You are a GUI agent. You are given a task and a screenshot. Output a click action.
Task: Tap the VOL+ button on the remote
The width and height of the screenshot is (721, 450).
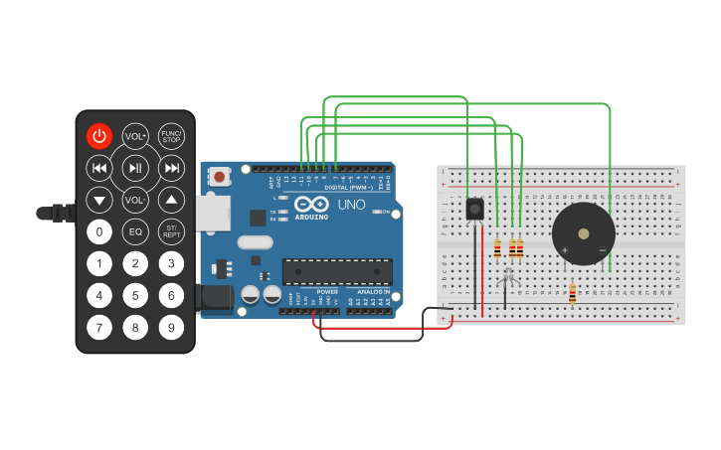click(135, 136)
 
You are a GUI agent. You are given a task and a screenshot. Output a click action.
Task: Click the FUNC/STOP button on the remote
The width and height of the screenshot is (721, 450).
click(172, 136)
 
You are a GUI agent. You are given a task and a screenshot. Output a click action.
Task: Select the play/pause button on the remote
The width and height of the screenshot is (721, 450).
click(135, 168)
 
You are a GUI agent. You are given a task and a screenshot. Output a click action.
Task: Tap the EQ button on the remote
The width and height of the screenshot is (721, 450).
click(135, 231)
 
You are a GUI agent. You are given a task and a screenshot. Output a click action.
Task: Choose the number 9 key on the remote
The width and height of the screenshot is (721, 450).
click(172, 327)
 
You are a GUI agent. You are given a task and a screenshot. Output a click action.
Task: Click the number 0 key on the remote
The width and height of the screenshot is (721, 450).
click(98, 231)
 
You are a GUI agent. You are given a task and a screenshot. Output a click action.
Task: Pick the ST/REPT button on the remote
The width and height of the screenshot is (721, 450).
click(172, 231)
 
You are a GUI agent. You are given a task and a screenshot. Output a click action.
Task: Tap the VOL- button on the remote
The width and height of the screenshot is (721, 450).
click(135, 200)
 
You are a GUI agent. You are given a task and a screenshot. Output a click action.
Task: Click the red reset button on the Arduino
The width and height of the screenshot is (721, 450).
click(219, 177)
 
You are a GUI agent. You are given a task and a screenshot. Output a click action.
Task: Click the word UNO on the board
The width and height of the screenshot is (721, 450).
click(350, 206)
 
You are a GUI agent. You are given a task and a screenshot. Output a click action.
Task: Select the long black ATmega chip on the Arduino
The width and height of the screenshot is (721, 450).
click(337, 271)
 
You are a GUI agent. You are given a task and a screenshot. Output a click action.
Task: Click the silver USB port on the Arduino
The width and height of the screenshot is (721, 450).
click(212, 211)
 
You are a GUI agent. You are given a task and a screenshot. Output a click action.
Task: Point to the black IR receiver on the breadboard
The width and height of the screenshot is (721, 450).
click(475, 210)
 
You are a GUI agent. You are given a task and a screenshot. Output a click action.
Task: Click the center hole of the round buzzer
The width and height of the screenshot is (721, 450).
click(584, 234)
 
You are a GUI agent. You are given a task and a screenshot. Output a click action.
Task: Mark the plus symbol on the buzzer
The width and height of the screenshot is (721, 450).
click(565, 249)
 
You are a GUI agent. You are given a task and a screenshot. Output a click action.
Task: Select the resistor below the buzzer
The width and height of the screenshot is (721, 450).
click(572, 292)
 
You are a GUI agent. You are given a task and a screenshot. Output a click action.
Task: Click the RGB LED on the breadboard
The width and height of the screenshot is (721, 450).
click(506, 282)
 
